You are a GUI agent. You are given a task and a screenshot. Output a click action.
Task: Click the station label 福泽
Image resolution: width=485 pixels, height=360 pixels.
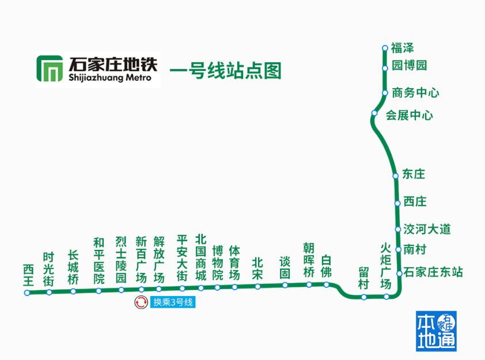403,48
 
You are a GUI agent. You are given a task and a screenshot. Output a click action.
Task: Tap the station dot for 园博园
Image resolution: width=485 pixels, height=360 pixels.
385,69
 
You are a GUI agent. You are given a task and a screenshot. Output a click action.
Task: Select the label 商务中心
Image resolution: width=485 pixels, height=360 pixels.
415,92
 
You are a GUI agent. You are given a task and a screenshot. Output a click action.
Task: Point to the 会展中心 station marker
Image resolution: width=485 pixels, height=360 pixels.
374,113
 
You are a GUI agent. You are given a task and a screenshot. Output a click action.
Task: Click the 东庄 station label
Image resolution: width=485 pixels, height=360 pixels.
414,174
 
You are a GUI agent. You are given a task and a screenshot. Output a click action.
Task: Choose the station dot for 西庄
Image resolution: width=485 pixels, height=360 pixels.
397,203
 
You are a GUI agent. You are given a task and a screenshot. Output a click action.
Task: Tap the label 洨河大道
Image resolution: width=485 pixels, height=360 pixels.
427,229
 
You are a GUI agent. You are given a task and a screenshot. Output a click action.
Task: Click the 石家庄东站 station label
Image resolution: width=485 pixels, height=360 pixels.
433,272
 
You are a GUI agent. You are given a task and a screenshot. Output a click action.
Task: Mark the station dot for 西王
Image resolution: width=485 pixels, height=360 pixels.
27,293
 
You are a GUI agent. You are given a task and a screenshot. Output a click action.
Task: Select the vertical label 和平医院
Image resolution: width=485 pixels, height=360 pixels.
98,260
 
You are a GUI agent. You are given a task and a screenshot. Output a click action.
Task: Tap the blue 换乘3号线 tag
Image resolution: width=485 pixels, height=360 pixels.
173,302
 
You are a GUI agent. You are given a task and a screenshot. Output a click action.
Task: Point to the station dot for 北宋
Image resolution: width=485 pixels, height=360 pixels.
257,286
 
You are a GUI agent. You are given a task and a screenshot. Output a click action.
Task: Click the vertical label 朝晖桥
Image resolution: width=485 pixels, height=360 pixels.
309,260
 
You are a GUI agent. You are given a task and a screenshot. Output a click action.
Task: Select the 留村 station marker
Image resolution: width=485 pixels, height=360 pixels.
363,297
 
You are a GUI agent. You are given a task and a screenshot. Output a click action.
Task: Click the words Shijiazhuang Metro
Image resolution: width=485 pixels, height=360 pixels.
110,78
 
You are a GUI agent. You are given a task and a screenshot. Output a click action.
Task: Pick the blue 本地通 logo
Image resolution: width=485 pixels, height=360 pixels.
436,331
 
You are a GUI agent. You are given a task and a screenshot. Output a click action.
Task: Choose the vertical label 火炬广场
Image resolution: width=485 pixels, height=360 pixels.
386,266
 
